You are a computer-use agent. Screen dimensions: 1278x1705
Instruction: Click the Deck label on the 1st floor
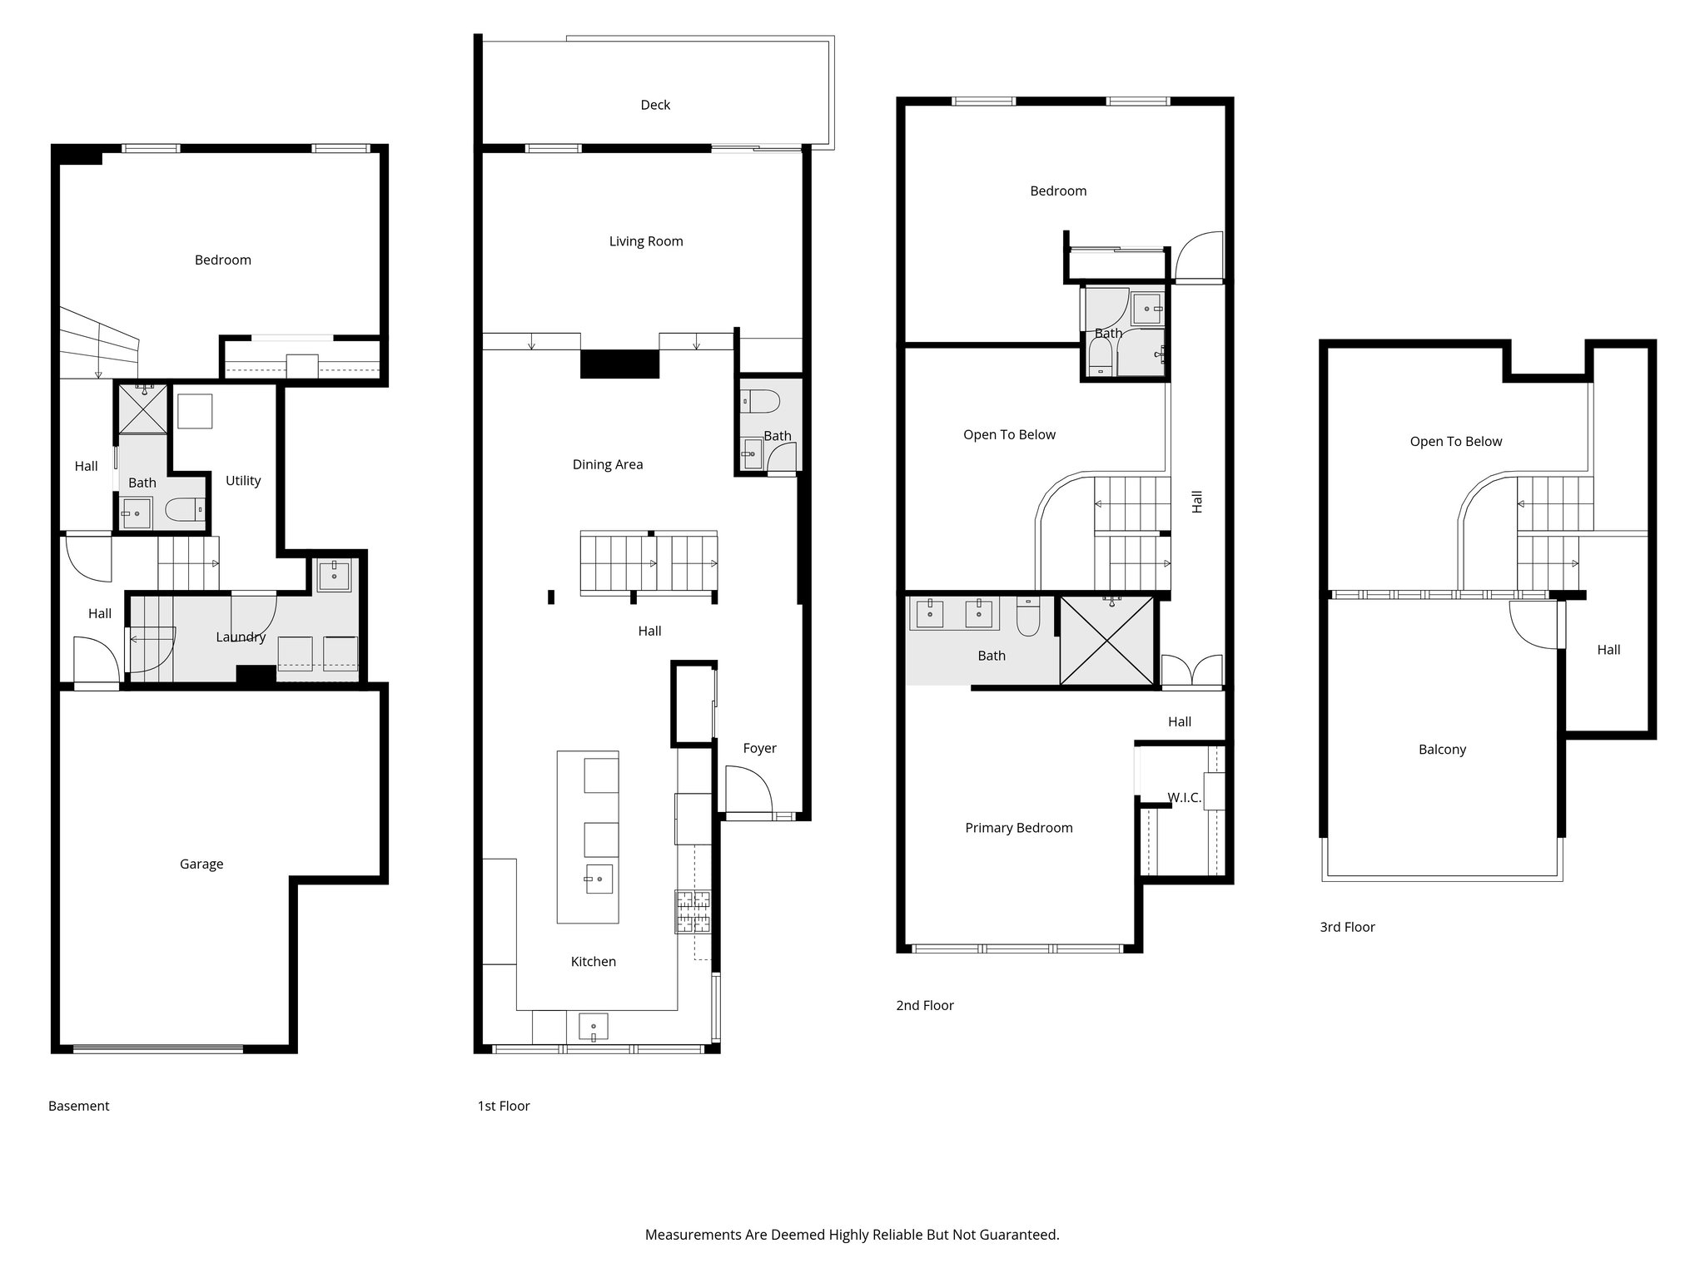click(x=655, y=105)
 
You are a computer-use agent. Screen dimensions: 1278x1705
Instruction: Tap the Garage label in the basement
click(x=201, y=864)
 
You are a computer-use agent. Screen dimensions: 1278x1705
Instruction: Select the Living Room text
click(x=645, y=241)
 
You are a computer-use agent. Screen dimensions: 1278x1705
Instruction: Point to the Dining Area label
click(x=607, y=464)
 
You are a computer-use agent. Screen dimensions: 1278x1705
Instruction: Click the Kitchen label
click(x=593, y=961)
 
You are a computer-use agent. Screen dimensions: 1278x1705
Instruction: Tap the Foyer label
click(x=759, y=748)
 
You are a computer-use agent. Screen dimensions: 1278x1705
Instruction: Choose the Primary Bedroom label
click(x=1018, y=827)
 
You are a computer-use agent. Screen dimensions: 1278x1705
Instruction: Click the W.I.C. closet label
click(x=1183, y=797)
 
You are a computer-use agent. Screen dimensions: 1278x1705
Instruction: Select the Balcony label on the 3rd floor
click(x=1442, y=749)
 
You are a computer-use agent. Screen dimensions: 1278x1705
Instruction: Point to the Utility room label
click(x=243, y=480)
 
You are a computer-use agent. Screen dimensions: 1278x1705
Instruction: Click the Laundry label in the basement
click(x=241, y=637)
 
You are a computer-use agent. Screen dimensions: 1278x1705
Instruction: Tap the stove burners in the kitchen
click(x=693, y=910)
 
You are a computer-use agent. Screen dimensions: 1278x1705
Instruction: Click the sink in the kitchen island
click(x=599, y=878)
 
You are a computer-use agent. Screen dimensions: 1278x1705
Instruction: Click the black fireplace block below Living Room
click(x=619, y=364)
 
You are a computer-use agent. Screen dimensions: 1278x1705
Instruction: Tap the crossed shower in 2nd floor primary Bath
click(x=1106, y=641)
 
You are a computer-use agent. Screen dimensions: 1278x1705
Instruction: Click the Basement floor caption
click(x=79, y=1106)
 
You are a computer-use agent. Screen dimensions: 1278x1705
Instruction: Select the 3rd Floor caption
click(x=1347, y=927)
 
